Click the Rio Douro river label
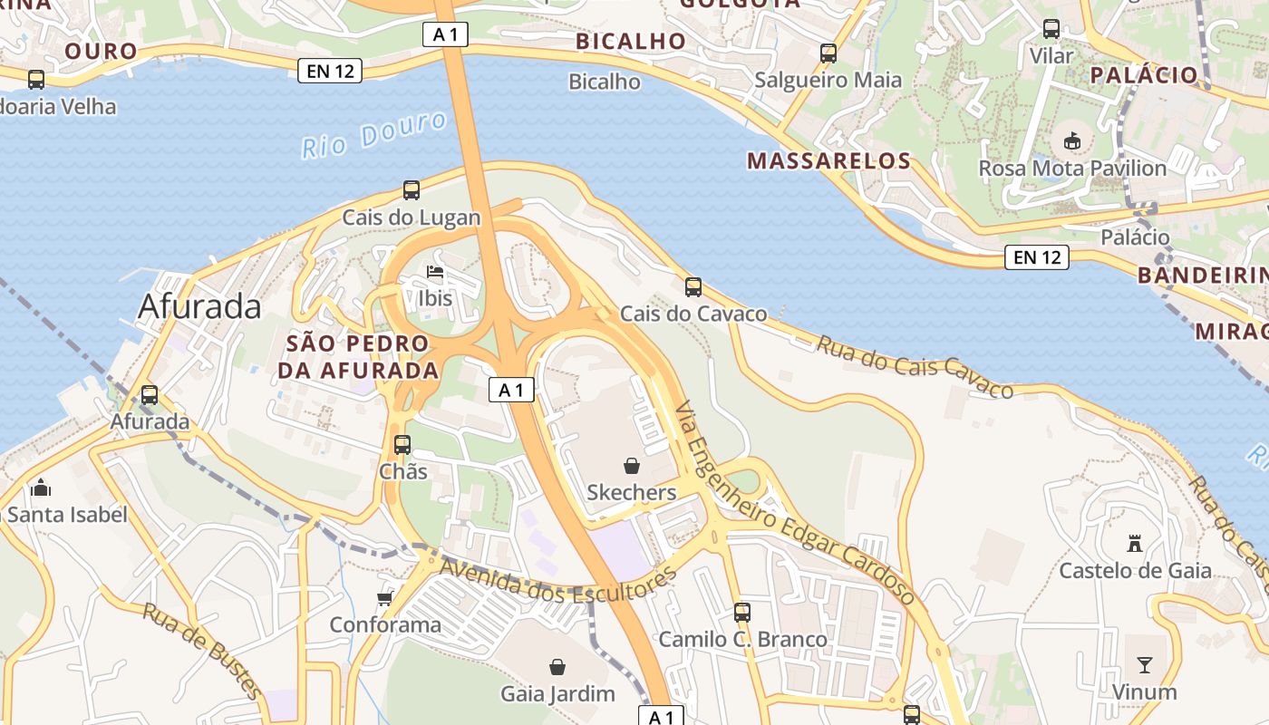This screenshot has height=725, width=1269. pos(374,135)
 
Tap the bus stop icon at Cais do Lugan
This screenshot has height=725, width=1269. pos(412,190)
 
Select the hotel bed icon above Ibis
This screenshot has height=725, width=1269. pos(435,272)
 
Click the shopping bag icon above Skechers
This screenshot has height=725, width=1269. pos(632,466)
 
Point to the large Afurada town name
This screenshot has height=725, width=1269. pos(199,307)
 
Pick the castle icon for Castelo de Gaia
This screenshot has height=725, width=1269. pos(1134,544)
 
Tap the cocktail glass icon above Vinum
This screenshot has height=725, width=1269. pos(1145,665)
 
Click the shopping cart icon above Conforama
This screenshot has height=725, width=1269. pos(385,598)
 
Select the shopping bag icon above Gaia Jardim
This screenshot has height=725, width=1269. pos(557,667)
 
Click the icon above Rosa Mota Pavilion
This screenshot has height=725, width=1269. pos(1072,140)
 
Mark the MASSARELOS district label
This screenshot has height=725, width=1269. pos(828,161)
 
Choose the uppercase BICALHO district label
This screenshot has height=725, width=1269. pos(631,41)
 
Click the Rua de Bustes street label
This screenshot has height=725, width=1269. pos(201,651)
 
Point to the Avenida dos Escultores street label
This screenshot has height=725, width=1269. pos(557,582)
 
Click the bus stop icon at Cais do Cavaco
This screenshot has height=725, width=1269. pos(693,287)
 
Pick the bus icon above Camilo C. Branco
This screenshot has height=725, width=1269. pos(742,613)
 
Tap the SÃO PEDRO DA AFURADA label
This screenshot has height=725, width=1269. pos(357,357)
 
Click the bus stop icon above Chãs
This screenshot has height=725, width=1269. pos(402,445)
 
